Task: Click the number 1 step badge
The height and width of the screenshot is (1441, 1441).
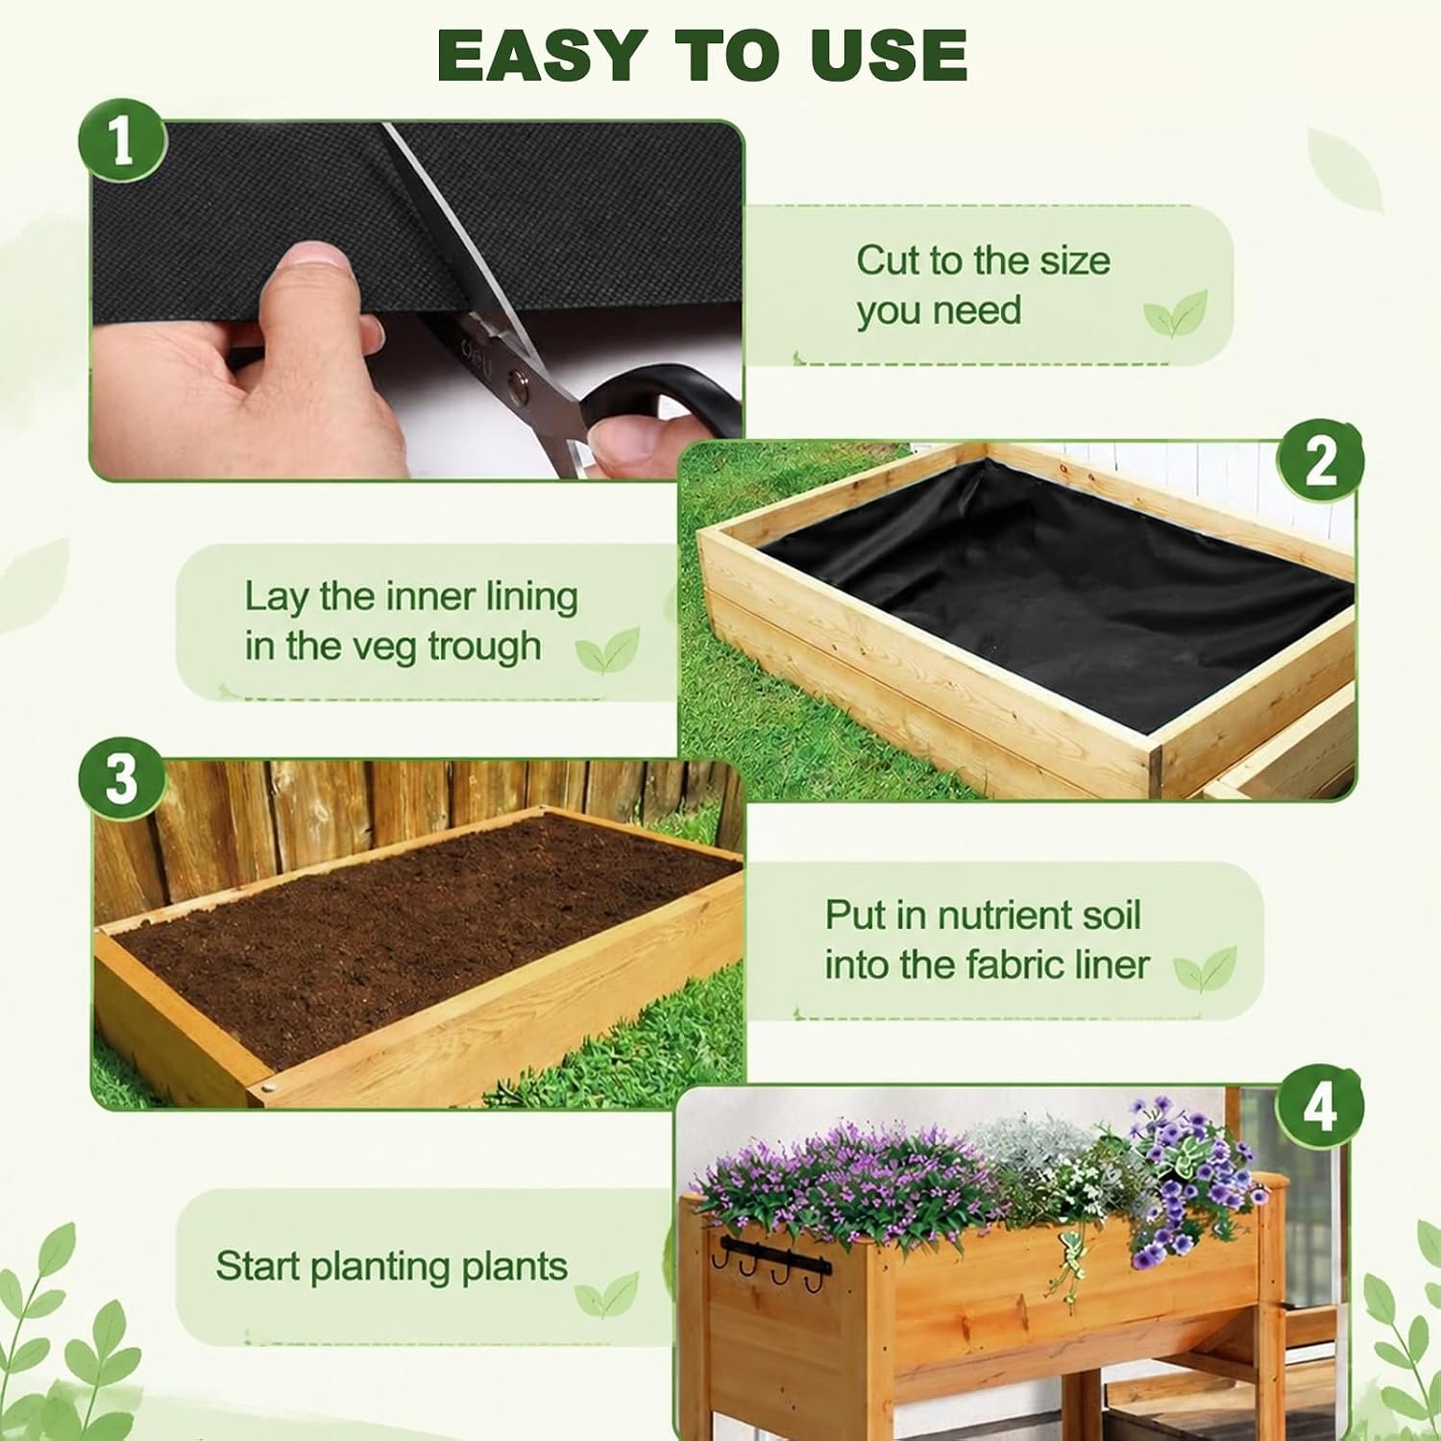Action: coord(122,143)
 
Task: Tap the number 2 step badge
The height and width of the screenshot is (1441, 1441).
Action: coord(1320,461)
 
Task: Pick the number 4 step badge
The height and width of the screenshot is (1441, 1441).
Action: coord(1320,1107)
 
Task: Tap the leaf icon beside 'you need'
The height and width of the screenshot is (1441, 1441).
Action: coord(1174,313)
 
